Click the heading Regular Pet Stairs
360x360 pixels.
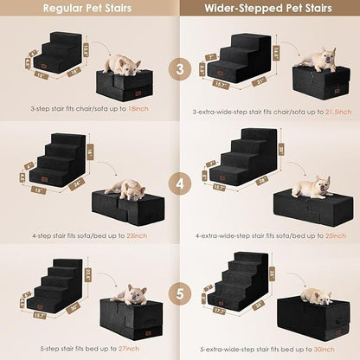tap(89, 9)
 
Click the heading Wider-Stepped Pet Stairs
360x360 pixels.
tap(268, 9)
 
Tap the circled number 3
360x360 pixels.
tap(181, 68)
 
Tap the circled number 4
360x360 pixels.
tap(181, 184)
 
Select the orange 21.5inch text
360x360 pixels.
tap(331, 112)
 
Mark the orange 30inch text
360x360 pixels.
tap(324, 346)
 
